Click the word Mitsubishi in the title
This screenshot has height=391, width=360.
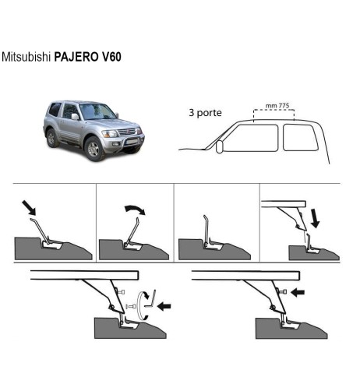click(x=26, y=58)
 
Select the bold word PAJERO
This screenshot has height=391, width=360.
click(x=77, y=58)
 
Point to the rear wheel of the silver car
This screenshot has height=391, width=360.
click(x=52, y=138)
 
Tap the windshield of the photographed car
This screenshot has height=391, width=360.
click(x=98, y=112)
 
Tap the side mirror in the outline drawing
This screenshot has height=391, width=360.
click(x=221, y=146)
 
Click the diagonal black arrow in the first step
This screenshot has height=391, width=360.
click(x=29, y=208)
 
